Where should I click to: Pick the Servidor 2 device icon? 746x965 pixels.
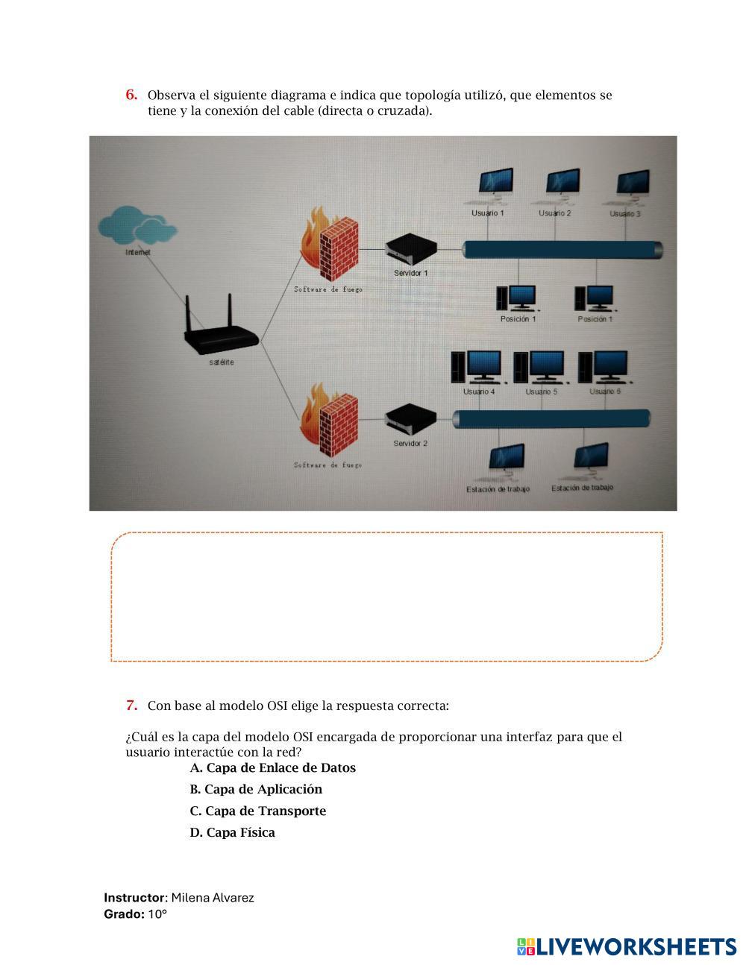tap(410, 420)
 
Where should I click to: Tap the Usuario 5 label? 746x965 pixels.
tap(541, 392)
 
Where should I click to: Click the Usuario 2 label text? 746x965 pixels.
tap(555, 213)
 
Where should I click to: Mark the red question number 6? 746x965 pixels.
tap(131, 95)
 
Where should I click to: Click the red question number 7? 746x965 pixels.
tap(131, 705)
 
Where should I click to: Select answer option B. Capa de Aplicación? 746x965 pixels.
tap(256, 789)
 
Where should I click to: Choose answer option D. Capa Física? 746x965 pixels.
tap(232, 832)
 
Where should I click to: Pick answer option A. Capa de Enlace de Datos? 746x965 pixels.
tap(272, 767)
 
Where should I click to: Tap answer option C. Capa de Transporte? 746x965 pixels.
tap(257, 811)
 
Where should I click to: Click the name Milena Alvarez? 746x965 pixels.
tap(213, 897)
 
